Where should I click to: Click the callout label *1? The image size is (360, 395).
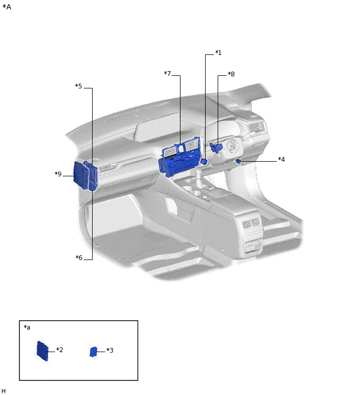click(218, 53)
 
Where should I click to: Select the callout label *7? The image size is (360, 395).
click(167, 73)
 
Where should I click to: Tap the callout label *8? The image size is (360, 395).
click(231, 74)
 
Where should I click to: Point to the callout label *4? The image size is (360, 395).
click(281, 159)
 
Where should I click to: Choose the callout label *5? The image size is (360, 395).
click(78, 86)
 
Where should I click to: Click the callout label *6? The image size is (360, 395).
click(79, 258)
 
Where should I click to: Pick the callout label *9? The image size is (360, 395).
click(58, 174)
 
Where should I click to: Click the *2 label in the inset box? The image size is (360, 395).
click(60, 349)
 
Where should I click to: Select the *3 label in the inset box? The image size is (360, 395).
click(109, 350)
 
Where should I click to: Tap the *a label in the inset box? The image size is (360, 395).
click(27, 327)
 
